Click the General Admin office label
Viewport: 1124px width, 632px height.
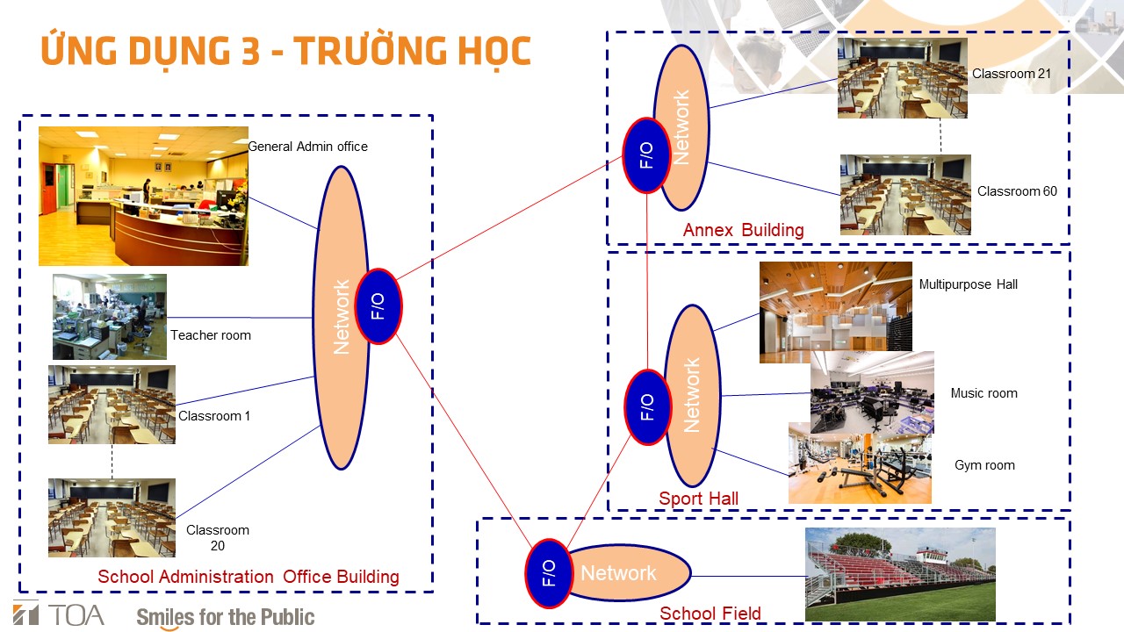point(307,147)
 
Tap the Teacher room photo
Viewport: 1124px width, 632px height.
point(110,317)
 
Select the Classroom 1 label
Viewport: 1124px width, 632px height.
point(214,416)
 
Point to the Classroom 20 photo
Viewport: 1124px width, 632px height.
point(112,518)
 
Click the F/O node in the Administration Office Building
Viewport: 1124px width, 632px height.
point(378,306)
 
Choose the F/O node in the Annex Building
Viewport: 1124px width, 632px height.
point(647,155)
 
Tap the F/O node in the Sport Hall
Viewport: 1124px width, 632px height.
point(648,406)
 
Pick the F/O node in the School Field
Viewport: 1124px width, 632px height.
point(549,573)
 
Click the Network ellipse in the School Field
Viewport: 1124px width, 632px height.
point(630,573)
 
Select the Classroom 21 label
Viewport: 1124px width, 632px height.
point(1011,74)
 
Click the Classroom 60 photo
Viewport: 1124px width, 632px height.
point(905,195)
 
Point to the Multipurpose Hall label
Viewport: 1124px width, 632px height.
point(968,284)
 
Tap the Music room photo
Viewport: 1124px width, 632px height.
point(873,392)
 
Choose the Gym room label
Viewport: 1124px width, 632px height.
point(984,465)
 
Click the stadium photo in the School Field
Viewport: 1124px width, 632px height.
point(900,574)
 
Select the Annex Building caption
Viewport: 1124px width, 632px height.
point(743,230)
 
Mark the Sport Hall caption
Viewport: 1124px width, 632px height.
point(698,499)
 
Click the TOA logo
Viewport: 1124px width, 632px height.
point(59,614)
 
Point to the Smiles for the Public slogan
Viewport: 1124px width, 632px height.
point(226,617)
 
